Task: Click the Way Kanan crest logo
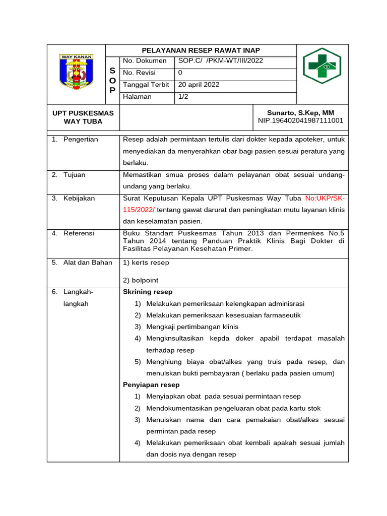tap(76, 74)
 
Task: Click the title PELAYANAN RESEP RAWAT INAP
tap(201, 50)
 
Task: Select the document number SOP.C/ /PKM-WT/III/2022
tap(221, 61)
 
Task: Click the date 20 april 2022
tap(199, 85)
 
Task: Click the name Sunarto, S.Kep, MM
tap(300, 113)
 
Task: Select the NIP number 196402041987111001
tap(300, 121)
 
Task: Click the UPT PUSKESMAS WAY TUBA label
tap(83, 117)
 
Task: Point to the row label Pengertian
tap(81, 140)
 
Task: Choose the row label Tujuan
tap(74, 175)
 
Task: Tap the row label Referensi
tap(79, 233)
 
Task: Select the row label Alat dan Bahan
tap(87, 263)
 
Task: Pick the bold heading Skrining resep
tap(148, 292)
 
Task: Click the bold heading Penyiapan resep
tap(151, 385)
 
